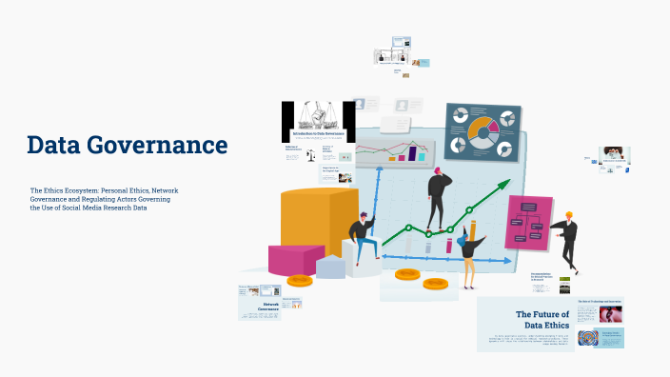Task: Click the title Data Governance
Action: [x=127, y=146]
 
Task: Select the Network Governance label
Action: [x=277, y=308]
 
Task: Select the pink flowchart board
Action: [x=528, y=223]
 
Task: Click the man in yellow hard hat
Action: [x=568, y=238]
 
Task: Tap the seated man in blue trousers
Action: [x=361, y=237]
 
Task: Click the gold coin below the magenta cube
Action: [x=300, y=281]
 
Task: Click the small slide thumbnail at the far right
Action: [x=613, y=157]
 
